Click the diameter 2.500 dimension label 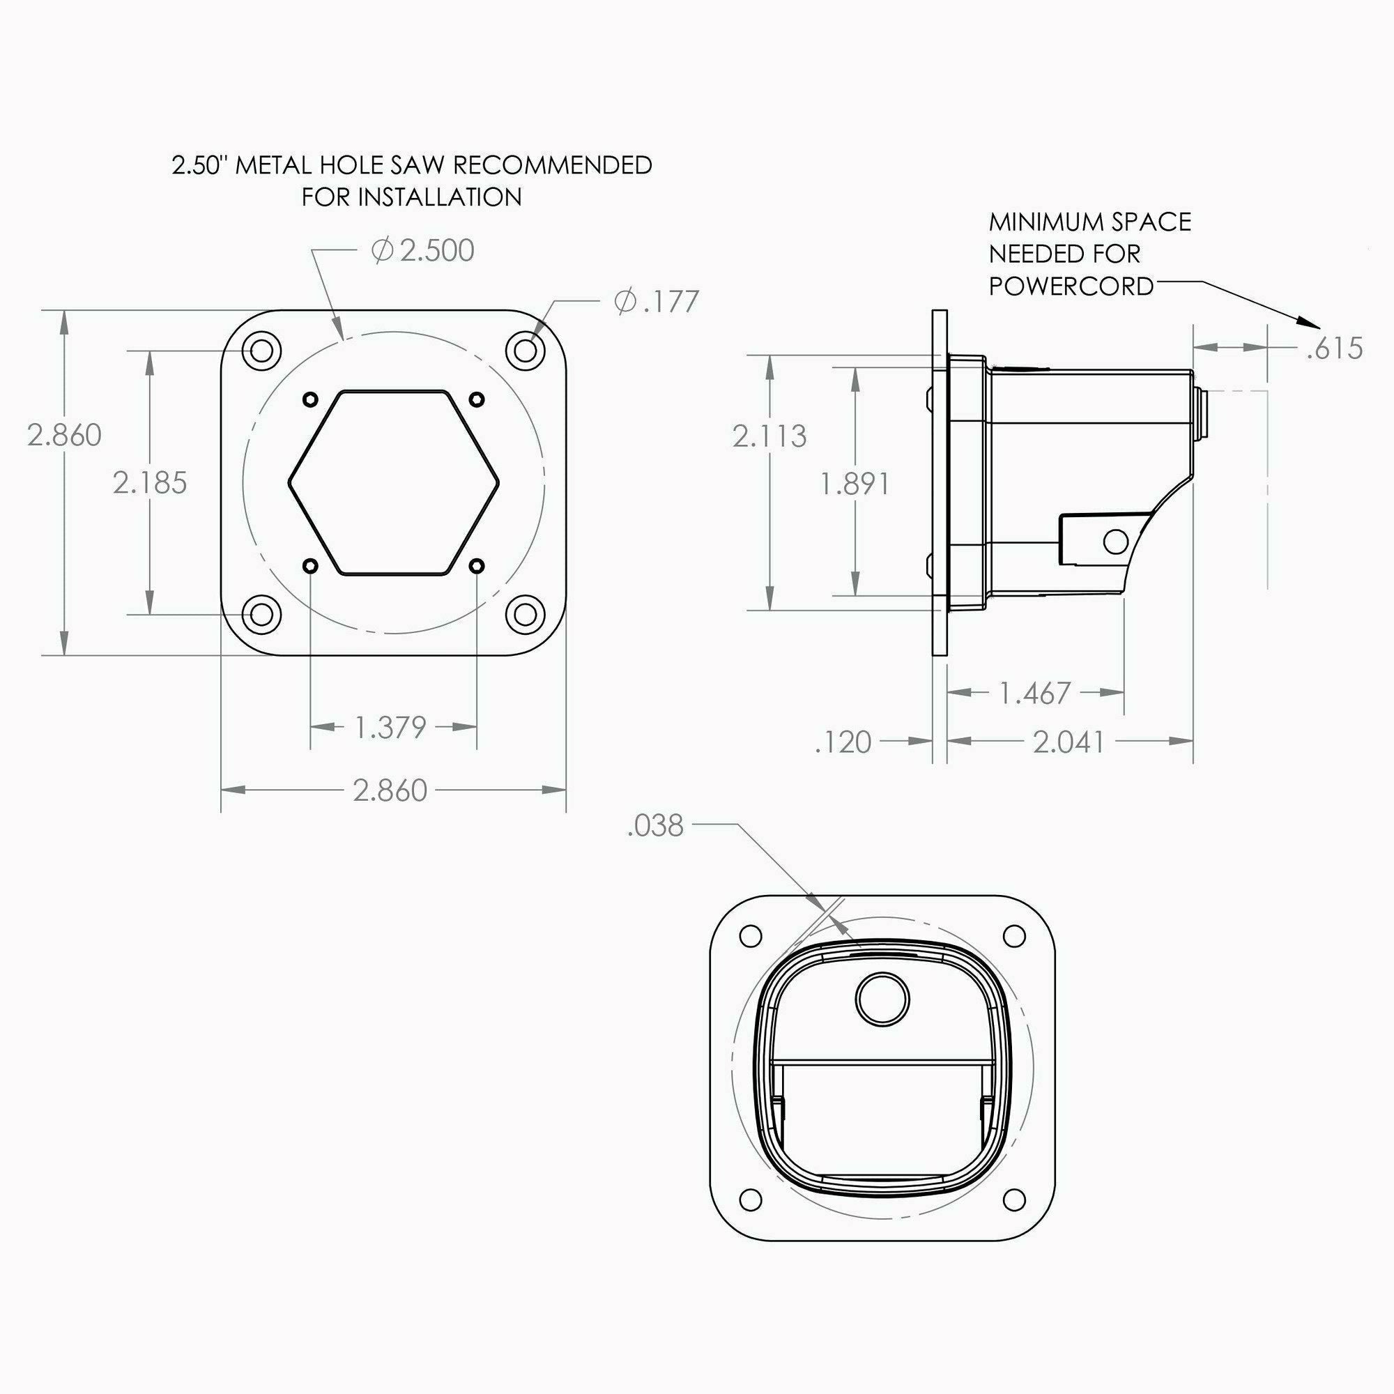(423, 251)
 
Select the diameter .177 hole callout (657, 302)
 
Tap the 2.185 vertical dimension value (150, 483)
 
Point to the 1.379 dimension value (391, 727)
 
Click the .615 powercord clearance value (1335, 348)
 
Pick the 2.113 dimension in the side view (769, 436)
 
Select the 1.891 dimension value (855, 484)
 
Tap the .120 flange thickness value (843, 742)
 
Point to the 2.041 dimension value (1069, 742)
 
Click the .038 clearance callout (655, 826)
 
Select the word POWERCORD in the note (1071, 286)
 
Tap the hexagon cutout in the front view (394, 483)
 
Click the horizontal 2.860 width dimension (390, 791)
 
